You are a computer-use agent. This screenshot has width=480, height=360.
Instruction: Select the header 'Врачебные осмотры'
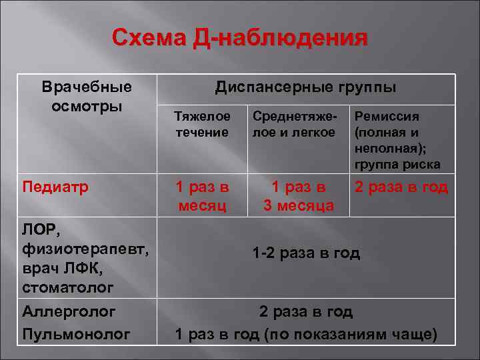tap(87, 97)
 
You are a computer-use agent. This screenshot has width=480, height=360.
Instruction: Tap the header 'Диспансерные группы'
tap(305, 87)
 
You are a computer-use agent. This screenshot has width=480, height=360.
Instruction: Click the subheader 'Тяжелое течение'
tap(202, 124)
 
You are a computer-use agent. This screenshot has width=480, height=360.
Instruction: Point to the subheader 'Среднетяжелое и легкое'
tap(294, 124)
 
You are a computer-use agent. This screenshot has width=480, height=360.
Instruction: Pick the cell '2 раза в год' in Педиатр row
tap(401, 187)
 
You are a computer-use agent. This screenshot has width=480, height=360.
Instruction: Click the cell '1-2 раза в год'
tap(306, 253)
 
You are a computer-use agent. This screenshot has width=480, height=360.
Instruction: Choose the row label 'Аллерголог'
tap(69, 311)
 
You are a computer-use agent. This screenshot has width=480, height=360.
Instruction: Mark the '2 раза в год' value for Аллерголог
tap(306, 311)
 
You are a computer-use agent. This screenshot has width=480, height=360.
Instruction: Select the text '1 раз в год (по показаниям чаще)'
tap(306, 333)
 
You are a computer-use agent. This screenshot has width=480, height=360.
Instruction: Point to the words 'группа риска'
tap(397, 165)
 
